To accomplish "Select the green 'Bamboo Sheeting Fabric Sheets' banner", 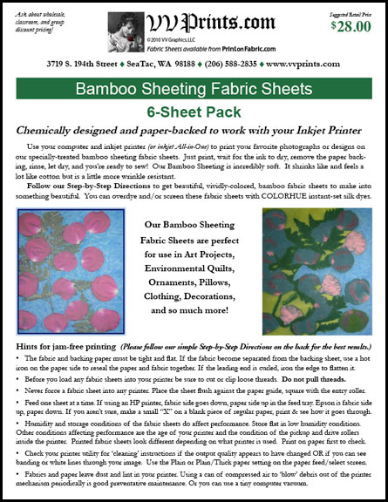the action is point(193,90).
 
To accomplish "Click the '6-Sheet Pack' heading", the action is point(194,112).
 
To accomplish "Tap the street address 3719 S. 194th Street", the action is point(85,64).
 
